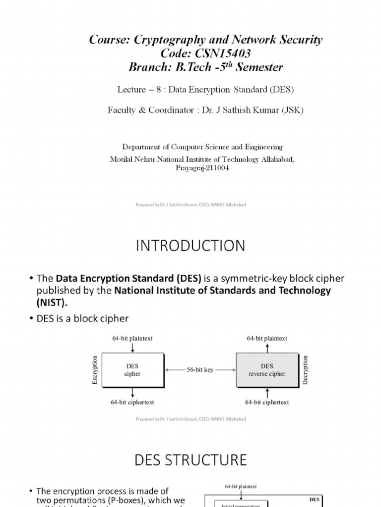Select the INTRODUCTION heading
point(190,246)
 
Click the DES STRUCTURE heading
point(190,460)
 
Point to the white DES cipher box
point(132,369)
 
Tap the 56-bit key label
point(200,369)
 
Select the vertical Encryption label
point(95,369)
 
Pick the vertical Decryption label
point(306,369)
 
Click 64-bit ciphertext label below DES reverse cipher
point(267,402)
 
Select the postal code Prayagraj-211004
point(202,168)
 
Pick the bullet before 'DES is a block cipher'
point(31,317)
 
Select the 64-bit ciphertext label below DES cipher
point(133,402)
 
